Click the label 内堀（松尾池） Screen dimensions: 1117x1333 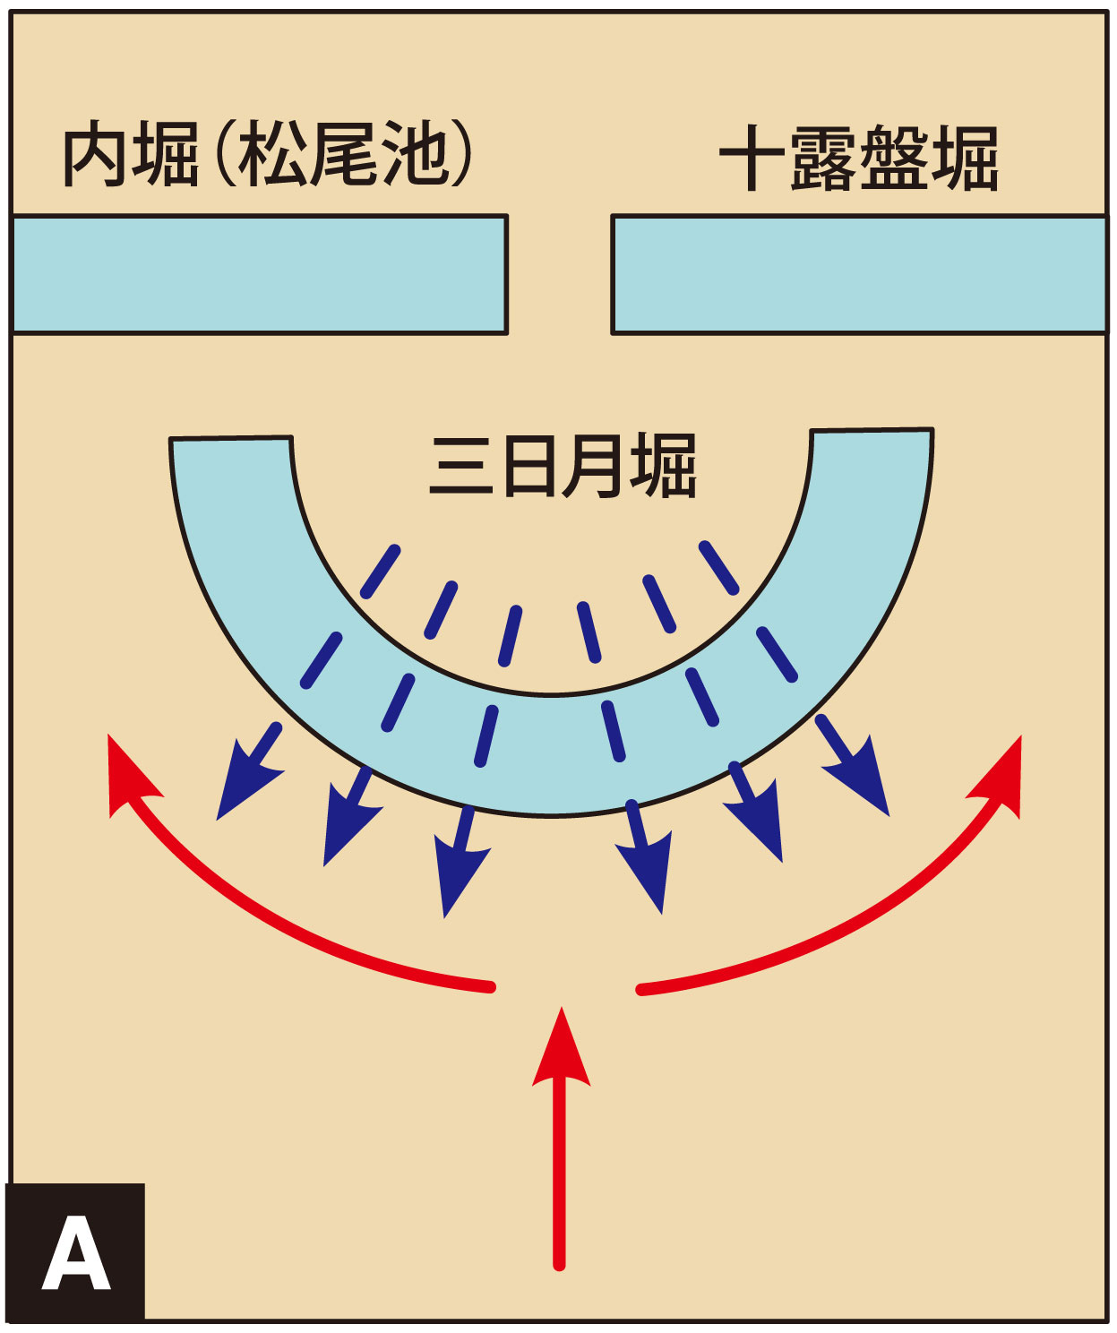click(x=268, y=154)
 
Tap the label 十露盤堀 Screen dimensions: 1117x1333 click(x=858, y=159)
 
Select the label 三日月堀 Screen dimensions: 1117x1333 click(x=563, y=466)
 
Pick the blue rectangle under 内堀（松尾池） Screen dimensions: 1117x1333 click(x=259, y=274)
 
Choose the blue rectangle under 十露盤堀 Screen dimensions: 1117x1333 click(x=859, y=274)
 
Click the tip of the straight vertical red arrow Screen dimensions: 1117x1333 click(x=561, y=1008)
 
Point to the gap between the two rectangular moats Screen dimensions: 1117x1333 click(x=560, y=274)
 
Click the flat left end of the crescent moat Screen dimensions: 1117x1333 click(x=231, y=439)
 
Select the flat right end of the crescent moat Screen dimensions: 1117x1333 click(x=872, y=430)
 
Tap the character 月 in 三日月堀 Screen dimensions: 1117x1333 click(x=592, y=466)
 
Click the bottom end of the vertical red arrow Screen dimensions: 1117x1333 click(x=559, y=1265)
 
